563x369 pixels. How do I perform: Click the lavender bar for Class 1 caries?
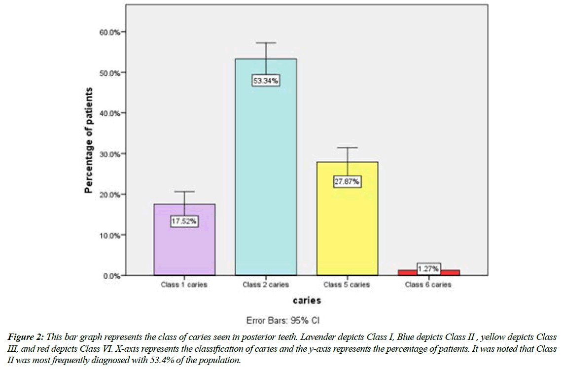pyautogui.click(x=184, y=246)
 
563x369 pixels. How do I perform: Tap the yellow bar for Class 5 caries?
pyautogui.click(x=347, y=227)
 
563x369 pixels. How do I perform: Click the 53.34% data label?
pyautogui.click(x=266, y=81)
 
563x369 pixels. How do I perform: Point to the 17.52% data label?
pyautogui.click(x=184, y=221)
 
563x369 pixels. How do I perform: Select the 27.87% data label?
pyautogui.click(x=347, y=181)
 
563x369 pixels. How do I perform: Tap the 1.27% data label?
pyautogui.click(x=428, y=268)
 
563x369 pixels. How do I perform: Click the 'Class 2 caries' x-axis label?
pyautogui.click(x=266, y=285)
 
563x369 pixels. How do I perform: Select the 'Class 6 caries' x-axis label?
pyautogui.click(x=428, y=285)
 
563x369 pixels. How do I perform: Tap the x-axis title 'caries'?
pyautogui.click(x=306, y=300)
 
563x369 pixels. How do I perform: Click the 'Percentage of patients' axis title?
pyautogui.click(x=89, y=140)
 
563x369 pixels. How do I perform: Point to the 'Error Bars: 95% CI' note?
pyautogui.click(x=283, y=321)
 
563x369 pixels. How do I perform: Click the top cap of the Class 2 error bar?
pyautogui.click(x=266, y=43)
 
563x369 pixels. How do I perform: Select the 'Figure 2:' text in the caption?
pyautogui.click(x=26, y=337)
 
